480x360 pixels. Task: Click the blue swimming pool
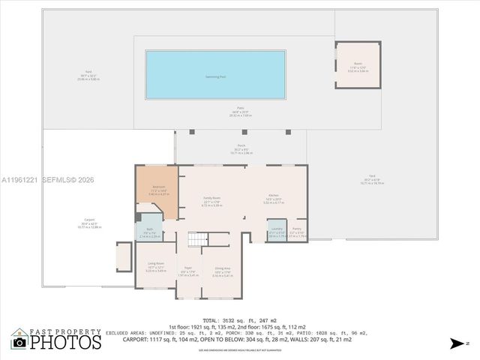pos(215,76)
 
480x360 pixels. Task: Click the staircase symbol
pos(196,240)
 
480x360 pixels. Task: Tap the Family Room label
pos(211,199)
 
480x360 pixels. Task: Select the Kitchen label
pos(274,200)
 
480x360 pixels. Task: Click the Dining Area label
pos(223,270)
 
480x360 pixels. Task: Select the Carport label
pos(89,221)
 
